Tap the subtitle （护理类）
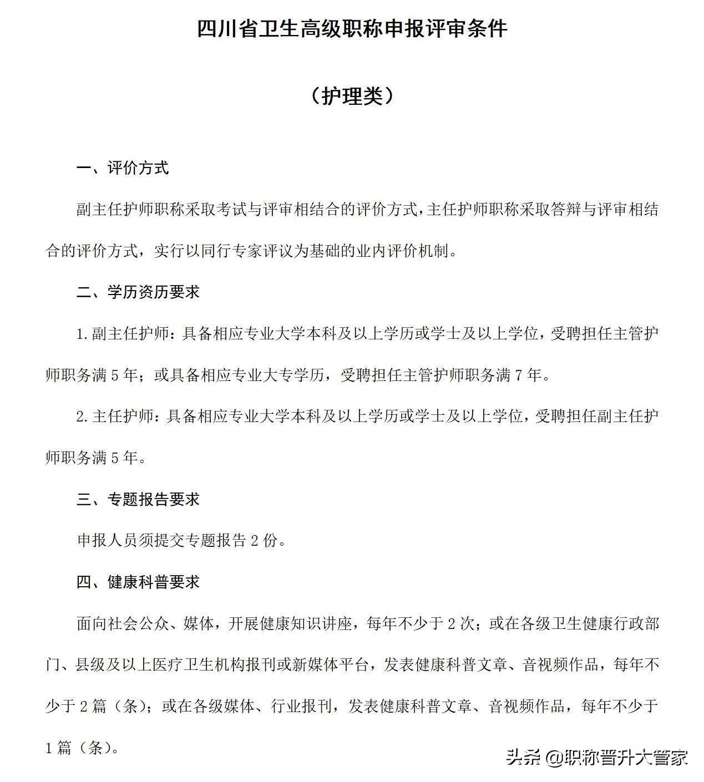pos(352,96)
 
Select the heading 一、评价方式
pos(122,168)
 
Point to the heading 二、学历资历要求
pos(138,292)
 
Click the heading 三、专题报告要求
pos(138,499)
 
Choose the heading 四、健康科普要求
pos(138,582)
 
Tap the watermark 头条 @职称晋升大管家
pos(596,757)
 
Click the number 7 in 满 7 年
pos(519,375)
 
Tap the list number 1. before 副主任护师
pos(83,334)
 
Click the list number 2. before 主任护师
pos(83,417)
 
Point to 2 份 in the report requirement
pos(263,541)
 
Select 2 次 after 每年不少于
pos(460,623)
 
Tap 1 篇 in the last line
pos(58,748)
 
